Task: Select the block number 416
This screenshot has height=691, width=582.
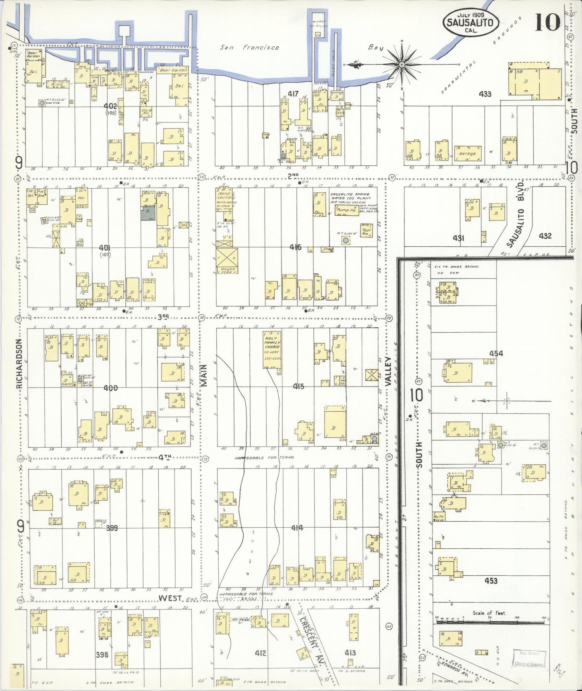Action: [x=295, y=247]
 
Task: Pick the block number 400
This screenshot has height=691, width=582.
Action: [x=110, y=388]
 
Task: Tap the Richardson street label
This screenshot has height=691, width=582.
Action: [x=19, y=364]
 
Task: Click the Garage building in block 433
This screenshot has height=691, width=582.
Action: [x=467, y=154]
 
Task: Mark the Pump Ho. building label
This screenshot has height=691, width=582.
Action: [x=346, y=210]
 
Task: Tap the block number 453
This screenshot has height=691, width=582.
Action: [x=491, y=581]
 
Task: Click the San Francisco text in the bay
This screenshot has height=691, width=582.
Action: [x=250, y=48]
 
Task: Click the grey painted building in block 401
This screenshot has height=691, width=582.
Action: [x=148, y=211]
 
